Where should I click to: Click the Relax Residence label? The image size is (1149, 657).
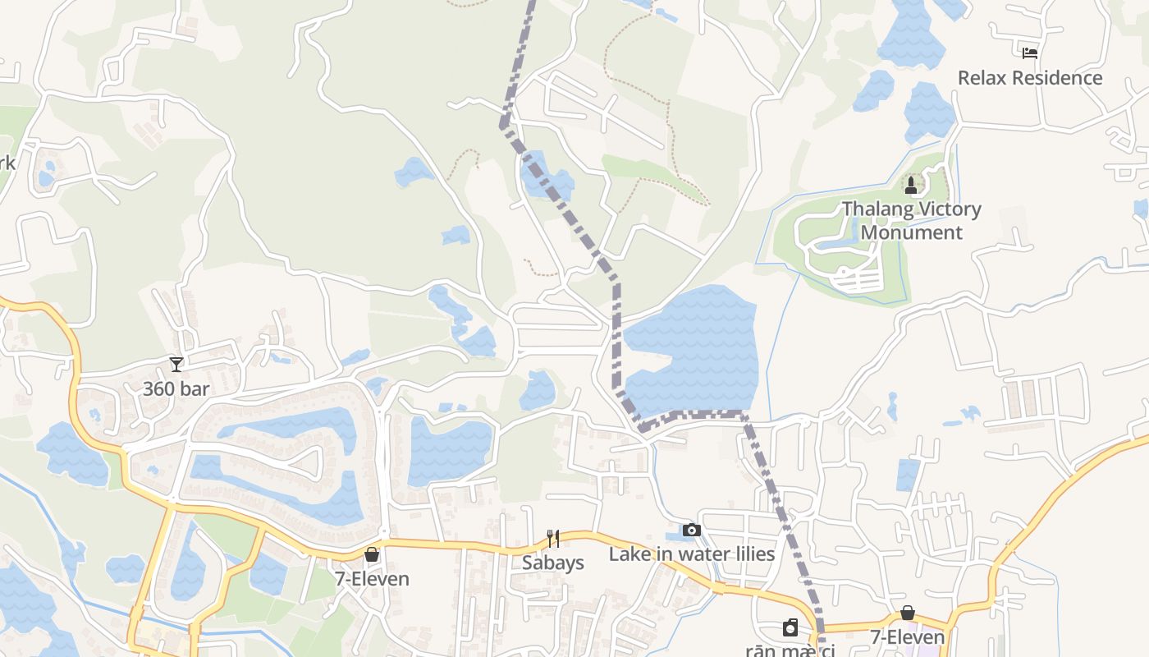coord(1030,78)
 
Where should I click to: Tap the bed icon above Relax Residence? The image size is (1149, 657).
coord(1030,53)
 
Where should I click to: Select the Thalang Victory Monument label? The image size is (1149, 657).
coord(912,220)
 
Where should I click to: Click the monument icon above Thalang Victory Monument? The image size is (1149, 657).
coord(910,183)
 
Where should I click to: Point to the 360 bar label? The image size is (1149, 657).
coord(176,388)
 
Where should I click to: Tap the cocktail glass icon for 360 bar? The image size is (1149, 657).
coord(176,364)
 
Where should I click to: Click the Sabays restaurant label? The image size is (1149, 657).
coord(553,563)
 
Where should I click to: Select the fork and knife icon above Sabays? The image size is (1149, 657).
coord(553,539)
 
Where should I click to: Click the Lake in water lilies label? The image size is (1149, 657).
coord(692,554)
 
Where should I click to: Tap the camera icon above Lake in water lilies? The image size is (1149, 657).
coord(692,530)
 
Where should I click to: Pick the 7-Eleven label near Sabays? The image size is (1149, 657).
coord(372,579)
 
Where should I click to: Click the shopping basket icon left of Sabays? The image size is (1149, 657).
coord(372,555)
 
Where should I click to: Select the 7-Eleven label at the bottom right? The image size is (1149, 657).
coord(908,637)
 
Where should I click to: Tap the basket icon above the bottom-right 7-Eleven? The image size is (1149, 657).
coord(908,613)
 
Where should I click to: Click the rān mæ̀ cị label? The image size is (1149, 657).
coord(790,650)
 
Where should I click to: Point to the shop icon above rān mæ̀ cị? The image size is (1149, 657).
coord(790,628)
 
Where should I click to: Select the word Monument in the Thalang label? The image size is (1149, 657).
coord(912,232)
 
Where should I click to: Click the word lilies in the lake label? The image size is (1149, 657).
coord(749,554)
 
